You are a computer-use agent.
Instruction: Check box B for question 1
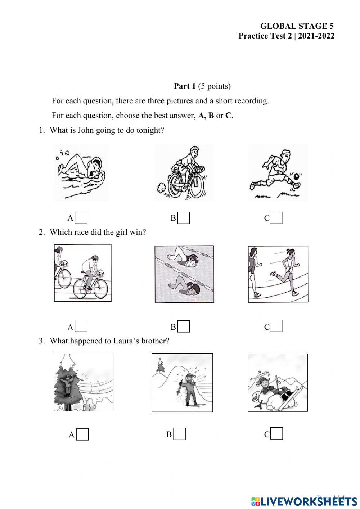point(184,218)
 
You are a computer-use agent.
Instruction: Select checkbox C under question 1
point(276,218)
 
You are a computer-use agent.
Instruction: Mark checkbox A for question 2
point(82,326)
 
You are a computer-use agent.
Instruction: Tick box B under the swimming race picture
point(184,326)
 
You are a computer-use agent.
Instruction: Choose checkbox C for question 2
point(276,326)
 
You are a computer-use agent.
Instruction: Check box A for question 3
point(83,434)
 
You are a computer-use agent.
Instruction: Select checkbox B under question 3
point(180,434)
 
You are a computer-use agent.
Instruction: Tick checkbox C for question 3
point(276,434)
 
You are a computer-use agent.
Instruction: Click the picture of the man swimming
point(81,173)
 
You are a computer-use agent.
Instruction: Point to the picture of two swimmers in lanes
point(184,274)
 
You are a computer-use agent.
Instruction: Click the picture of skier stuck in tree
point(84,383)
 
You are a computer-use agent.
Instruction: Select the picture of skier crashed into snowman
point(278,383)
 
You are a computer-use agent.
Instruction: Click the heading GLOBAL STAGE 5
point(297,26)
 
